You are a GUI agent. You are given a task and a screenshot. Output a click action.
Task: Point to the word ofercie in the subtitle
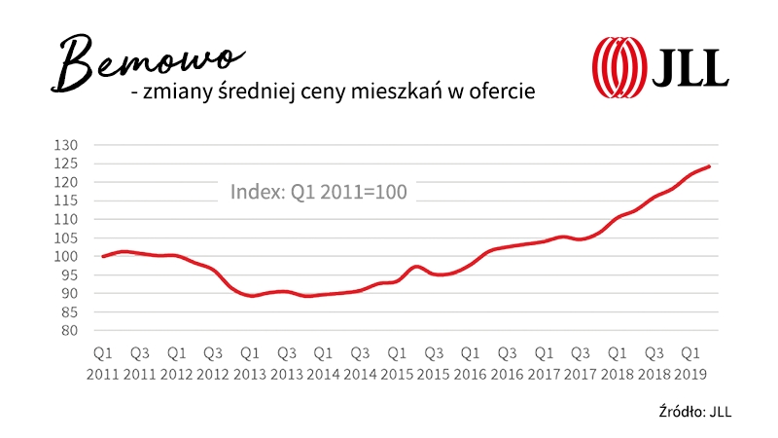click(x=503, y=91)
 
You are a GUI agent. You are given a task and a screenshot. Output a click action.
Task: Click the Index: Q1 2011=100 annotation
click(x=319, y=192)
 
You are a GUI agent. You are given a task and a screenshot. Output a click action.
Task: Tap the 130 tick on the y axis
click(x=70, y=145)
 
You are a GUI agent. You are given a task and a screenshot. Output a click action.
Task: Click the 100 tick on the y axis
click(x=70, y=256)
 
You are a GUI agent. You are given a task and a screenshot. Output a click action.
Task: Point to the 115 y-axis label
click(x=70, y=201)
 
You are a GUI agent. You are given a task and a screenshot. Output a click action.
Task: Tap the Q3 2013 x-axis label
click(x=286, y=360)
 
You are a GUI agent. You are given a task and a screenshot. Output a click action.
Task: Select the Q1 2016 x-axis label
click(x=470, y=360)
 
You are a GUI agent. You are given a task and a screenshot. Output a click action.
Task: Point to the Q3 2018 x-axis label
click(x=654, y=360)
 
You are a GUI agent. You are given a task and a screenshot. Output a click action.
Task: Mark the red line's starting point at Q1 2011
click(x=102, y=256)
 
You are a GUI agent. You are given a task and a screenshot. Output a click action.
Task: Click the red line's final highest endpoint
click(x=709, y=166)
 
